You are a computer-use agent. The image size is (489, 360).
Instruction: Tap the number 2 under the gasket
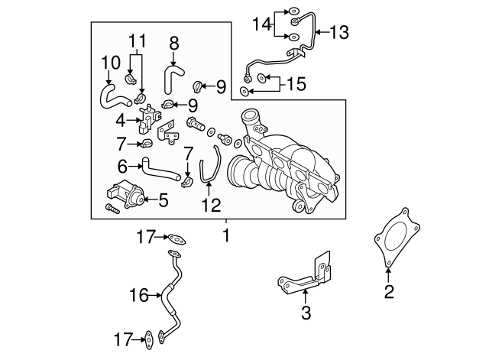click(389, 290)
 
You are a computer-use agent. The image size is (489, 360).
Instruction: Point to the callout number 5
click(162, 201)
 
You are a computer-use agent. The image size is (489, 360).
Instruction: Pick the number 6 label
click(122, 164)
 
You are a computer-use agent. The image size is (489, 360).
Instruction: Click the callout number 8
click(174, 44)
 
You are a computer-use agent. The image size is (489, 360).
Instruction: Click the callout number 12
click(209, 206)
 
